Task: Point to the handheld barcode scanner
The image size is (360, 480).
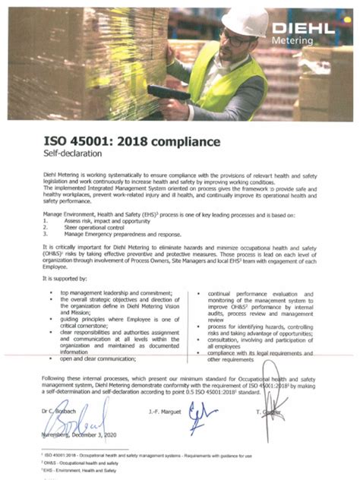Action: (x=169, y=92)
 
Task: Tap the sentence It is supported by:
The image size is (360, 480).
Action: (x=65, y=279)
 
